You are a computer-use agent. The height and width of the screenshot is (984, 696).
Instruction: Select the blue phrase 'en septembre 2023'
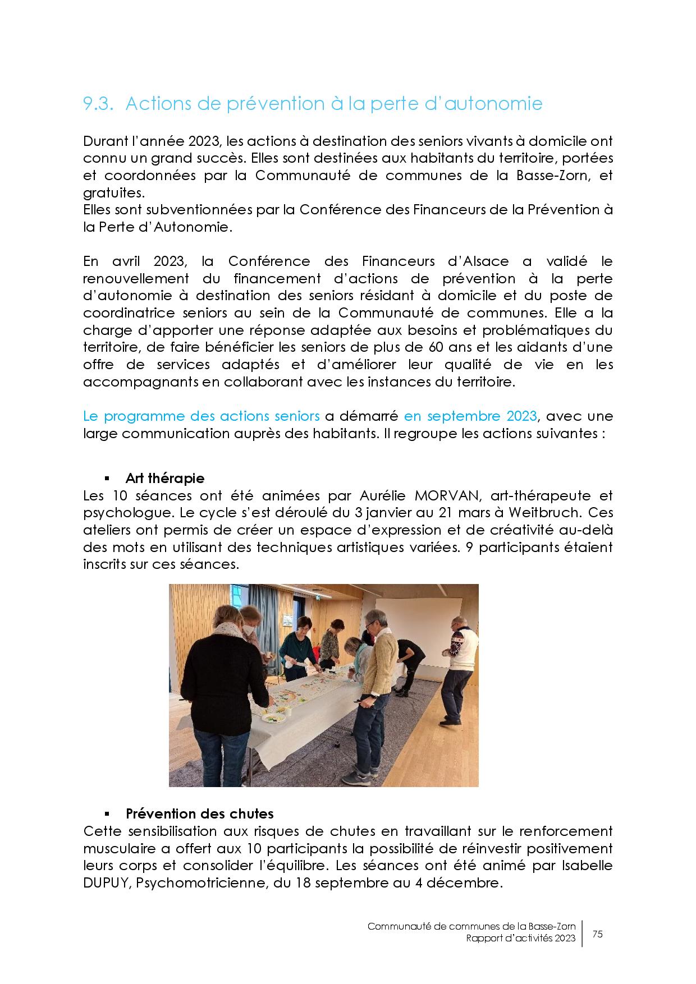tap(470, 416)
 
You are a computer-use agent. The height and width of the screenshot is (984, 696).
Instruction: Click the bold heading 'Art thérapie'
tap(165, 478)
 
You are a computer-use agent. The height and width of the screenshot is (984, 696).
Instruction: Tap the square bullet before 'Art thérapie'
tap(106, 479)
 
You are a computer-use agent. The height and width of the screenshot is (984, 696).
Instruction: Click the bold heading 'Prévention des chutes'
tap(199, 813)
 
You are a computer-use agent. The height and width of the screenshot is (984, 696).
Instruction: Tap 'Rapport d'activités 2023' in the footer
tap(520, 939)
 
